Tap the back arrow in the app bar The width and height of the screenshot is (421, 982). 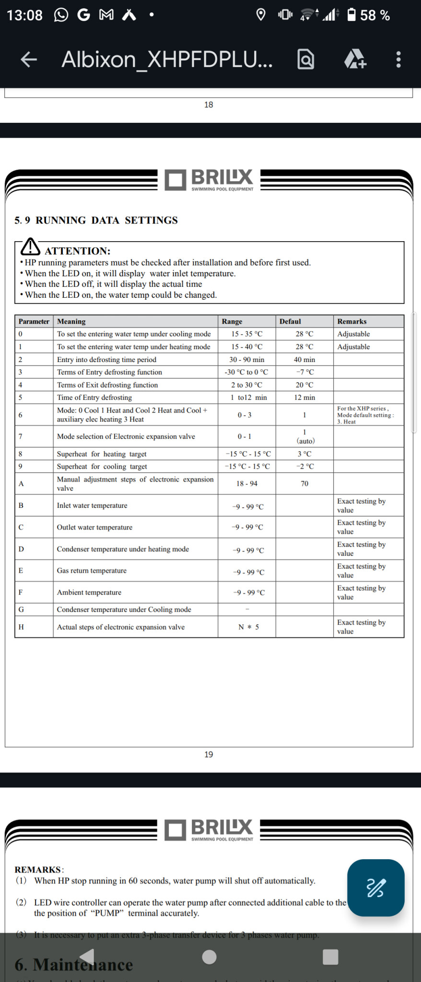29,59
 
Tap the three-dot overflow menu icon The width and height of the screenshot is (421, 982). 398,59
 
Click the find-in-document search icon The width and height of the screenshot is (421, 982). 306,59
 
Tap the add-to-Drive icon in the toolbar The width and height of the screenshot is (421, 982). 355,59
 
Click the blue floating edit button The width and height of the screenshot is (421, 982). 375,888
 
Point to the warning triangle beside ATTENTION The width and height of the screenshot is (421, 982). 31,247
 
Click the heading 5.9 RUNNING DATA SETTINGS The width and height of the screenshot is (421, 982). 96,220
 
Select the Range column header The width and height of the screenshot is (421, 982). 232,321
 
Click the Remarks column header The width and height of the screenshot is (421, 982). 351,321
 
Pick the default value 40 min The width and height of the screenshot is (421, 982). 304,360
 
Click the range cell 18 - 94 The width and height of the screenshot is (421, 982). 246,483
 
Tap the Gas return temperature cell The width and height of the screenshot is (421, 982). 92,571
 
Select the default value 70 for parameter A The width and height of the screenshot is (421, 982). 304,483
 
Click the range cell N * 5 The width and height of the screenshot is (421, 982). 248,627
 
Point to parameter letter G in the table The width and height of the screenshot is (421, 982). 21,609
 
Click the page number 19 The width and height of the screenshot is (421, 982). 209,754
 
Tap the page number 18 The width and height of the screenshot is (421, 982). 209,105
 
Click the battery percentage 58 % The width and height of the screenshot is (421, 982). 374,15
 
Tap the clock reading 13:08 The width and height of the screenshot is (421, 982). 24,15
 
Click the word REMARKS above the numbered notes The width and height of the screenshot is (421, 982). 38,869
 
